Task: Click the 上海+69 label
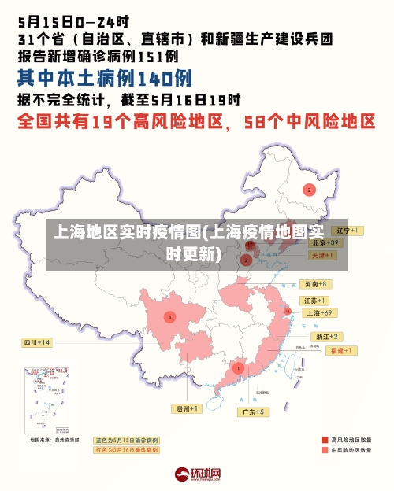[x=317, y=312]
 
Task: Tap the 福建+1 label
[x=344, y=349]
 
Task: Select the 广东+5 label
[x=255, y=412]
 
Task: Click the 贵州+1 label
[x=188, y=408]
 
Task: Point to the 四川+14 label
[x=36, y=342]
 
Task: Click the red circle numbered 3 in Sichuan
[x=169, y=317]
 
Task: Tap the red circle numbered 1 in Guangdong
[x=238, y=367]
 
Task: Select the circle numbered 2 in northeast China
[x=310, y=190]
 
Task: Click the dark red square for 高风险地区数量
[x=324, y=439]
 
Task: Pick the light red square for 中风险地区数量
[x=324, y=450]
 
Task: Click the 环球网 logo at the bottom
[x=197, y=474]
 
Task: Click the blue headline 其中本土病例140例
[x=105, y=79]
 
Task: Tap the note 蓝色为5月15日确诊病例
[x=126, y=440]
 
